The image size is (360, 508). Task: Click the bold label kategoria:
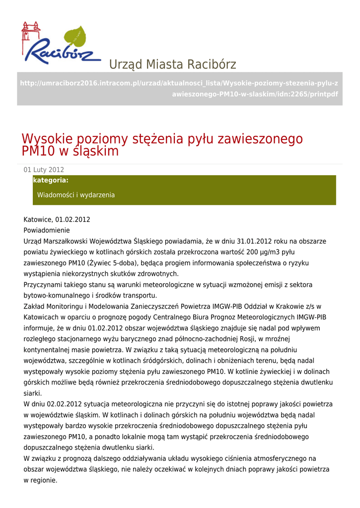(x=51, y=180)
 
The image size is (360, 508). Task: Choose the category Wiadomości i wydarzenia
(x=76, y=195)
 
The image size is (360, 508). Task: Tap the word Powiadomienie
(x=47, y=230)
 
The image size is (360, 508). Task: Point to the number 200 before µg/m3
(x=253, y=252)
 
